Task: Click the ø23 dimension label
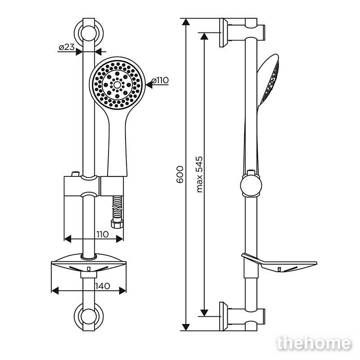[67, 48]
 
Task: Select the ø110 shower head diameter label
[160, 81]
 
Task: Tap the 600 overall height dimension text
[180, 175]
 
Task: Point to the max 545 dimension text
[200, 175]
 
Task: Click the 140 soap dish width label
[103, 286]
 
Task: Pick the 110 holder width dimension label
[103, 234]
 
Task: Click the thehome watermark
[314, 344]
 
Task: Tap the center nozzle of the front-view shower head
[117, 85]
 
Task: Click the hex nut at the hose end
[117, 224]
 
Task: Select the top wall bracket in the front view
[89, 32]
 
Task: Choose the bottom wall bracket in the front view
[89, 316]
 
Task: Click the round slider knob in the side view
[251, 185]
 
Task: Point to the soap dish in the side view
[279, 263]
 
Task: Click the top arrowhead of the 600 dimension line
[186, 22]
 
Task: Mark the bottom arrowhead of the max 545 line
[204, 313]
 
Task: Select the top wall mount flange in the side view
[224, 32]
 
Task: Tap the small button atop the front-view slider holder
[76, 174]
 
